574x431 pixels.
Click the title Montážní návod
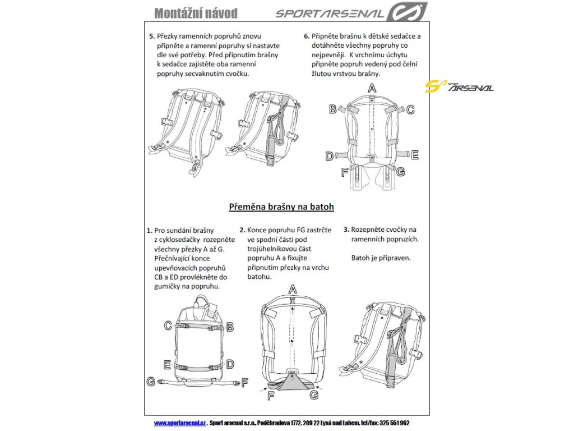click(x=195, y=13)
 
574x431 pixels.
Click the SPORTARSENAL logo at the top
click(x=351, y=12)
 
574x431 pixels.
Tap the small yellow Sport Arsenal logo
click(x=459, y=86)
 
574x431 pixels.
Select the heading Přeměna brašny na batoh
click(x=281, y=207)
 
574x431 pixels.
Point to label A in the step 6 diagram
click(x=372, y=88)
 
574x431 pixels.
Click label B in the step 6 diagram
click(x=332, y=109)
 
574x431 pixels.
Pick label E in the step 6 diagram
click(x=414, y=155)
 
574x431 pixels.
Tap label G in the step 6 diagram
click(x=400, y=172)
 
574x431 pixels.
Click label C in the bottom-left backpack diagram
click(x=168, y=325)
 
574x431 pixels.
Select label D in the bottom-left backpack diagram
click(x=230, y=364)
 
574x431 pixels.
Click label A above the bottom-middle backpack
click(x=292, y=289)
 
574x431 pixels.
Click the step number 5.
click(x=152, y=36)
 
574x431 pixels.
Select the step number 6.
click(x=307, y=36)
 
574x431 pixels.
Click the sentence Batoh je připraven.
click(x=381, y=258)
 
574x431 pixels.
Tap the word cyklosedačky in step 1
click(x=183, y=239)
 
